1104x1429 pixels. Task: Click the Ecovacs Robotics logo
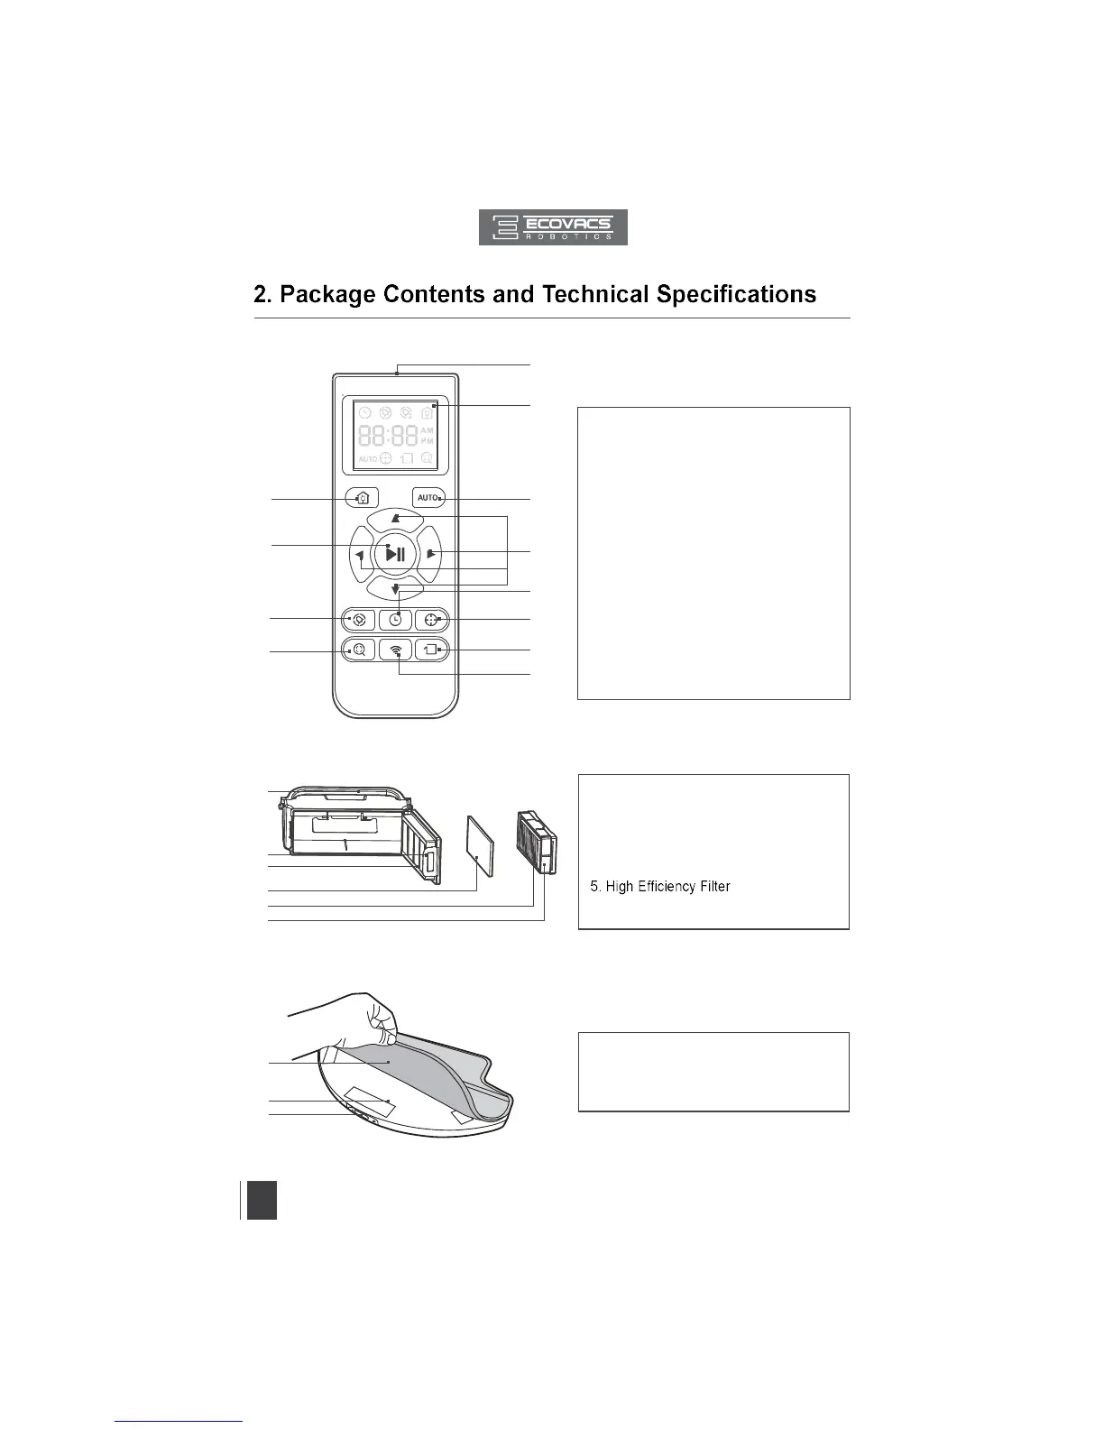coord(552,227)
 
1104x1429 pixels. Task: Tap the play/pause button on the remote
coord(395,554)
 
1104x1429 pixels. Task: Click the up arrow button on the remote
coord(395,519)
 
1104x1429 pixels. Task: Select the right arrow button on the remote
coord(430,554)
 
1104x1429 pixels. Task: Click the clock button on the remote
coord(395,620)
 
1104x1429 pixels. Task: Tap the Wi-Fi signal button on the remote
coord(396,650)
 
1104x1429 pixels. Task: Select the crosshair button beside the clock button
coord(431,620)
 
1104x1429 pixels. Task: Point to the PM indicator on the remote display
coord(427,442)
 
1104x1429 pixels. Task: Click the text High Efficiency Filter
coord(667,887)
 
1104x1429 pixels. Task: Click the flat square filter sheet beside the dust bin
coord(482,845)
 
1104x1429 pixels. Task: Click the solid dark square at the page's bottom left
coord(261,1201)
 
